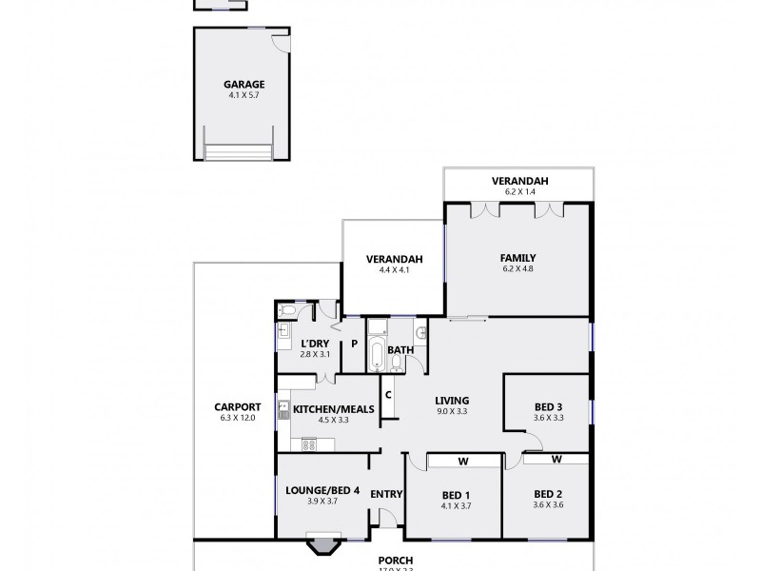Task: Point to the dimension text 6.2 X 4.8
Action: click(x=517, y=269)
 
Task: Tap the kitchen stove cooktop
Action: click(x=307, y=443)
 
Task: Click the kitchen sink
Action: click(x=283, y=410)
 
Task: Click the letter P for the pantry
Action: click(x=354, y=344)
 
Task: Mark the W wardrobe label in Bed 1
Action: click(x=463, y=462)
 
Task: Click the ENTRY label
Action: click(x=386, y=494)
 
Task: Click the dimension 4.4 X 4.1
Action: click(x=394, y=270)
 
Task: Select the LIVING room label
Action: click(x=453, y=401)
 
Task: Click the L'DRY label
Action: click(x=314, y=344)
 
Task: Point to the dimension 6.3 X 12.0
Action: click(x=238, y=418)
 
